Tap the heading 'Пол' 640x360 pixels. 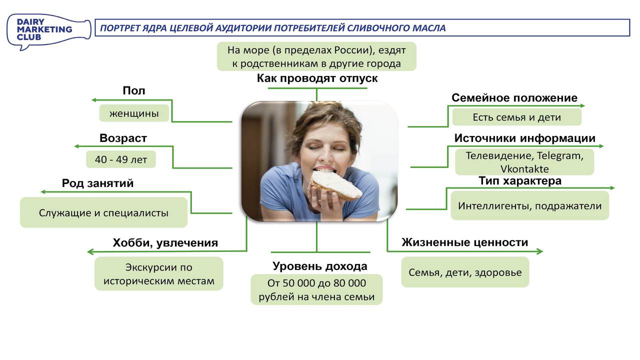point(134,91)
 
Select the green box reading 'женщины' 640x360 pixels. point(134,113)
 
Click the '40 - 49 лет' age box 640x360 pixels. point(121,159)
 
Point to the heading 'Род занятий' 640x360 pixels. point(97,183)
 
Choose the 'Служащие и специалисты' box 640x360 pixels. point(103,212)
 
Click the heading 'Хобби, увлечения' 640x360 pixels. point(165,243)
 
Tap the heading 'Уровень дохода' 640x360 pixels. point(319,266)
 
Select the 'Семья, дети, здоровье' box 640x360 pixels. point(465,272)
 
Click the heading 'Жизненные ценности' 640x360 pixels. point(465,242)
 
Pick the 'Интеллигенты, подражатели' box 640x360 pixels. point(529,206)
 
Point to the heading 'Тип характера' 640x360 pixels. point(520,181)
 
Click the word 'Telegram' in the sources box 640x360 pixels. point(560,155)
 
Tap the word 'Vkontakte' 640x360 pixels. point(524,169)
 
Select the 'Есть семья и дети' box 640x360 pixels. point(516,117)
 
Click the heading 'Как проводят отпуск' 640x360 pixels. point(317,78)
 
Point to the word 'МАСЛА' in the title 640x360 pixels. point(428,28)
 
